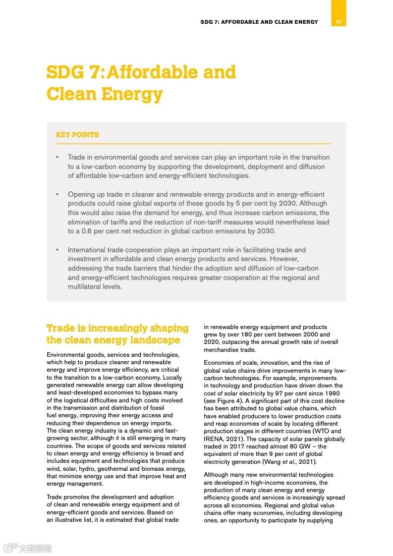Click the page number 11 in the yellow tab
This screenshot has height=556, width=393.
338,22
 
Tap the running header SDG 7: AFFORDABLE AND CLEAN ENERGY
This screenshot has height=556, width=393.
259,22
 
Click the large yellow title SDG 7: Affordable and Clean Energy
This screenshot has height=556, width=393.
141,83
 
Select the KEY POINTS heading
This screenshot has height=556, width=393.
77,135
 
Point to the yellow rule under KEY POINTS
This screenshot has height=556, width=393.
193,144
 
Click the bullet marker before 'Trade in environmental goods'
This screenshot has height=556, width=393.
57,158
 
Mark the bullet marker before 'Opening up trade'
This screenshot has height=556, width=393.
57,194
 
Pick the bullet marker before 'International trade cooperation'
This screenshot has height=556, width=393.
57,250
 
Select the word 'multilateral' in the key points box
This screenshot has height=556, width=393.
86,287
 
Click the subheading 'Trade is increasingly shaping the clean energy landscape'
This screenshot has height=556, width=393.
117,334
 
